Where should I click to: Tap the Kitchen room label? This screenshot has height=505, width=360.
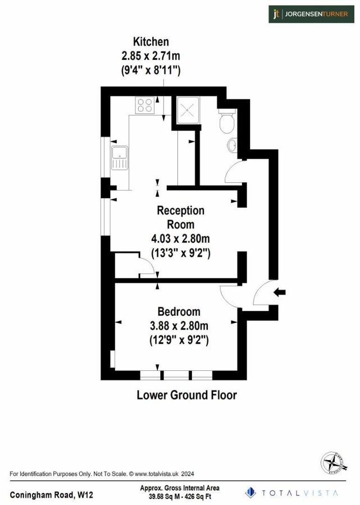tap(150, 42)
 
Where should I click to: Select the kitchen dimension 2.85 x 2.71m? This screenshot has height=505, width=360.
tap(150, 56)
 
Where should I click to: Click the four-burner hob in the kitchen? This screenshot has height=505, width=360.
tap(145, 105)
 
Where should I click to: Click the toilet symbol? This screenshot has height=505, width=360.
tap(227, 122)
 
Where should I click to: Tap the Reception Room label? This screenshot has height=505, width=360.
tap(180, 217)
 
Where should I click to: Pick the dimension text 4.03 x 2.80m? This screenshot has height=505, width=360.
tap(181, 239)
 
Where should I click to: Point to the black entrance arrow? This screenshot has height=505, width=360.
tap(280, 292)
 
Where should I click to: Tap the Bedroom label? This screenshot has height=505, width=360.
tap(179, 312)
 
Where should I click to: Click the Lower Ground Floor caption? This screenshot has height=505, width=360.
tap(186, 395)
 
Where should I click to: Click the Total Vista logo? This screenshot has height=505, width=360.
tap(291, 492)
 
